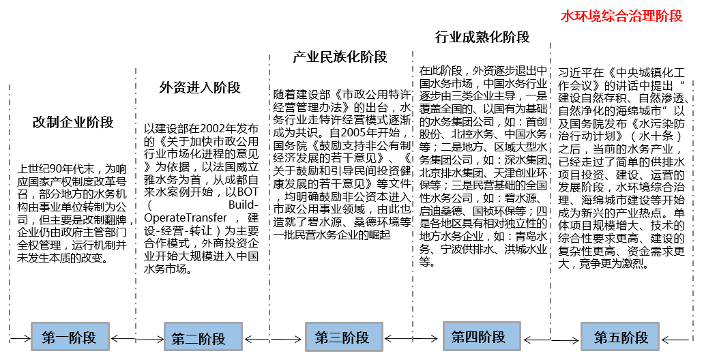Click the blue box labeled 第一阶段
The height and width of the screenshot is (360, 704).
click(x=70, y=337)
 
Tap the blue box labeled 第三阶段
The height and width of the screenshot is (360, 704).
click(x=342, y=337)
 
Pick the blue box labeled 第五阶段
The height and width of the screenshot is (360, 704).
click(x=621, y=337)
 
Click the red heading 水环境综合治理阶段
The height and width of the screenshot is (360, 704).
click(x=621, y=16)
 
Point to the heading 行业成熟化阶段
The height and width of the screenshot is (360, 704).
click(x=482, y=37)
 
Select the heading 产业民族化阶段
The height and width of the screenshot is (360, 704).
click(x=340, y=57)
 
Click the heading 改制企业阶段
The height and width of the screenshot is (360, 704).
click(x=73, y=123)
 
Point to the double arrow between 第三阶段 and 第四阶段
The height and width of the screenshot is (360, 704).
click(x=410, y=337)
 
